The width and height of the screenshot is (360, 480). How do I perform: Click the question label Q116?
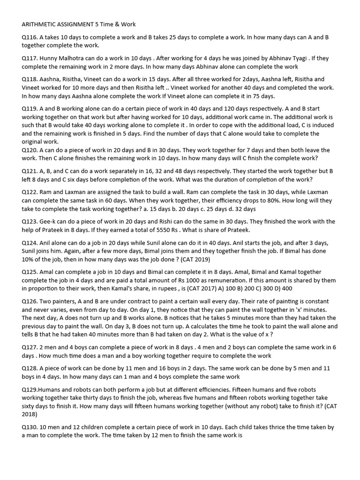coord(30,37)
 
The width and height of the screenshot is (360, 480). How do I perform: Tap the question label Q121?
coord(30,171)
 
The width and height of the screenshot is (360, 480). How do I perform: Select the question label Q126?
coord(30,301)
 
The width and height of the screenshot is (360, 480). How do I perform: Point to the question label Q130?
coord(30,427)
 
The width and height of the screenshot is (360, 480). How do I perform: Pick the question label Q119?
coord(30,108)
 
